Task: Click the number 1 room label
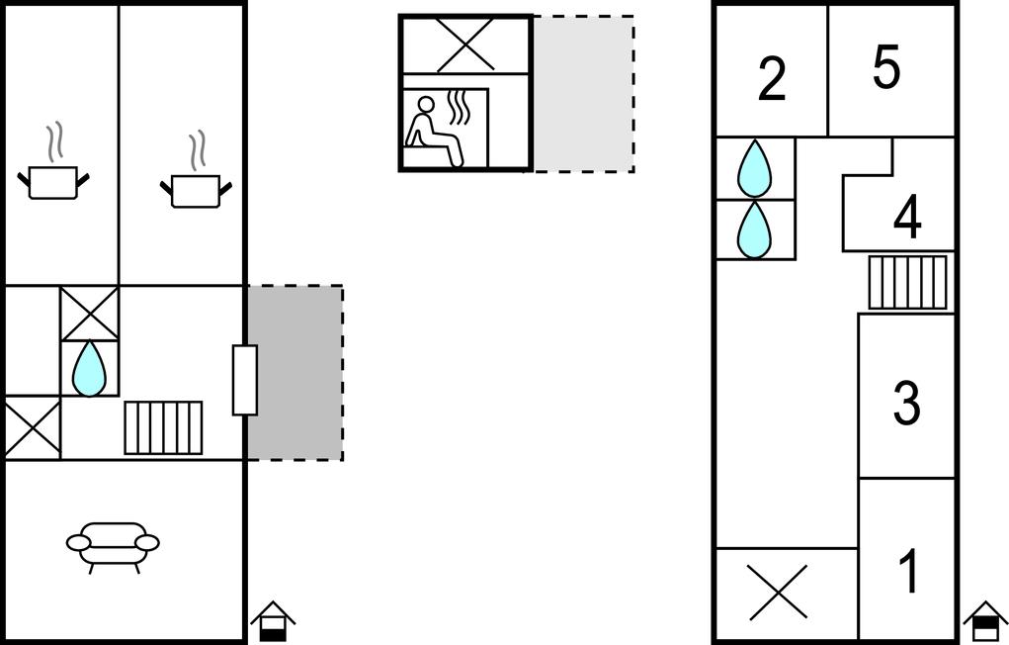point(907,572)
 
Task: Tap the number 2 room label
point(772,79)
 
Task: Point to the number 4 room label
point(907,219)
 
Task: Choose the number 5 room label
point(886,68)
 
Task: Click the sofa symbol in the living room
point(113,545)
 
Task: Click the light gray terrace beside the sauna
point(583,94)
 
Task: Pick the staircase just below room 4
point(907,282)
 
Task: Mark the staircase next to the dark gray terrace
point(163,427)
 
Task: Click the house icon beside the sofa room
point(274,621)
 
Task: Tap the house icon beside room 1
point(984,620)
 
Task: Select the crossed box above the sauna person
point(465,45)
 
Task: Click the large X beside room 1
point(778,592)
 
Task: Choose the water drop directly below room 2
point(755,167)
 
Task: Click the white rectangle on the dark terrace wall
point(245,380)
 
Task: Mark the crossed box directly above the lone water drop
point(89,314)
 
